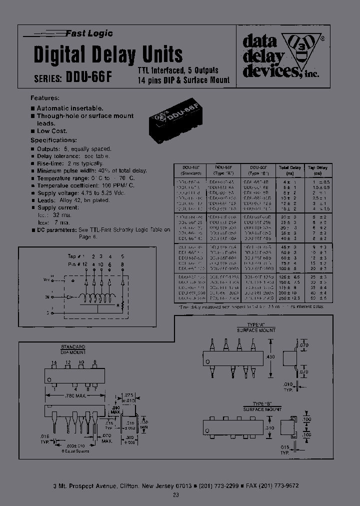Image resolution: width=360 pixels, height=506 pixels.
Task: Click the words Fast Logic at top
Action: (x=89, y=33)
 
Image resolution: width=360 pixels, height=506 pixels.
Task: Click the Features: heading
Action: (x=45, y=98)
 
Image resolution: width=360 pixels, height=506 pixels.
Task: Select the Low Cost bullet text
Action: (x=52, y=131)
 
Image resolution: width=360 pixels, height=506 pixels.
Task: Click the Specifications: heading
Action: (x=54, y=140)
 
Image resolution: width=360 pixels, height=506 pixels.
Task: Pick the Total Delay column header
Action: (x=290, y=170)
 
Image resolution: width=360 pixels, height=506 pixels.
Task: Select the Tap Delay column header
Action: (x=317, y=170)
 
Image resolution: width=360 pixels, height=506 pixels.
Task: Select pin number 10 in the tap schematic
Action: (x=101, y=263)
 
